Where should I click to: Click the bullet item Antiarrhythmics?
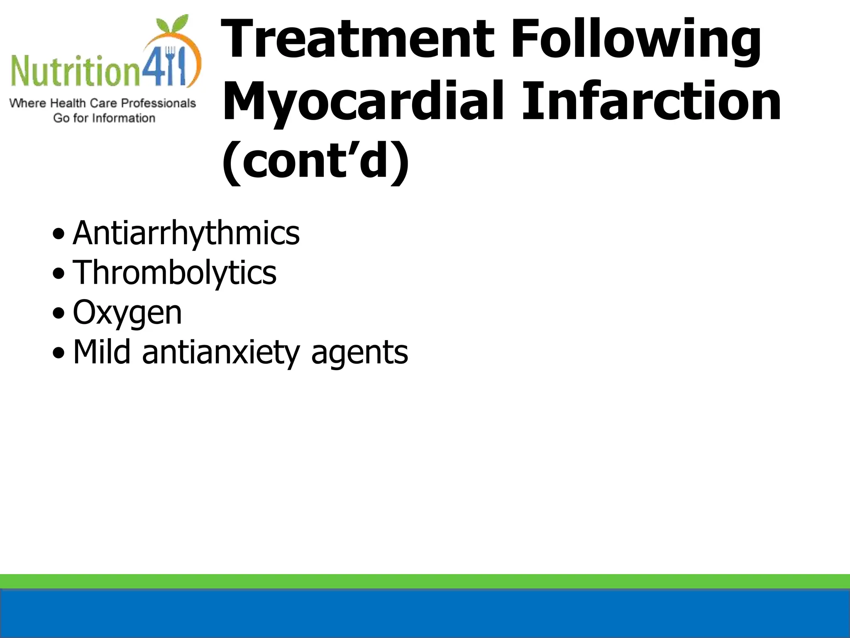pos(186,233)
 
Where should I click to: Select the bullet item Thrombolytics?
pos(174,273)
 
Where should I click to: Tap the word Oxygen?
pos(127,313)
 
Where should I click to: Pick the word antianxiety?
pos(220,353)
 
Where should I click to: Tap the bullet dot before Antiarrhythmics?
pos(59,234)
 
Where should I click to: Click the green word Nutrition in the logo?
pos(75,71)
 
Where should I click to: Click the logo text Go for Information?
pos(104,118)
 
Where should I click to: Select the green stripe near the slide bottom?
pos(425,581)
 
